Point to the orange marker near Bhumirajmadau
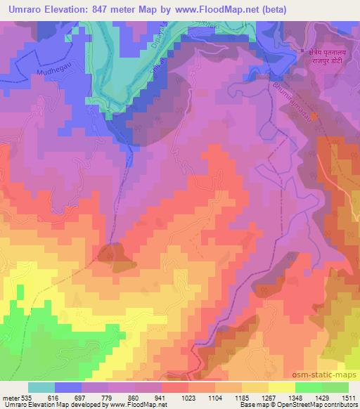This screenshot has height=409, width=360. (x=316, y=116)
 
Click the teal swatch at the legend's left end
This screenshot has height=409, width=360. (x=41, y=387)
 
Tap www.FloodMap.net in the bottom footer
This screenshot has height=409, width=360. (x=138, y=405)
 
